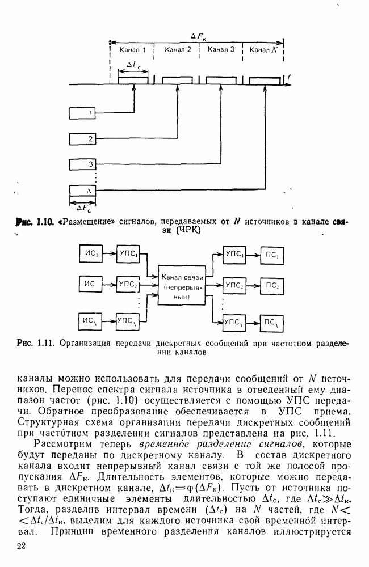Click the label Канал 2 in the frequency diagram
(178, 50)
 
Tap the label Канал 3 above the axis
(221, 50)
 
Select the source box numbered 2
(83, 138)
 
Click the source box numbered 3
(83, 164)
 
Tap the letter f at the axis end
(289, 78)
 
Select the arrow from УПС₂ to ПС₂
(253, 284)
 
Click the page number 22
(22, 546)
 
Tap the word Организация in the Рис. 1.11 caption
(86, 342)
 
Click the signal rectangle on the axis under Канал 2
(177, 81)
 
